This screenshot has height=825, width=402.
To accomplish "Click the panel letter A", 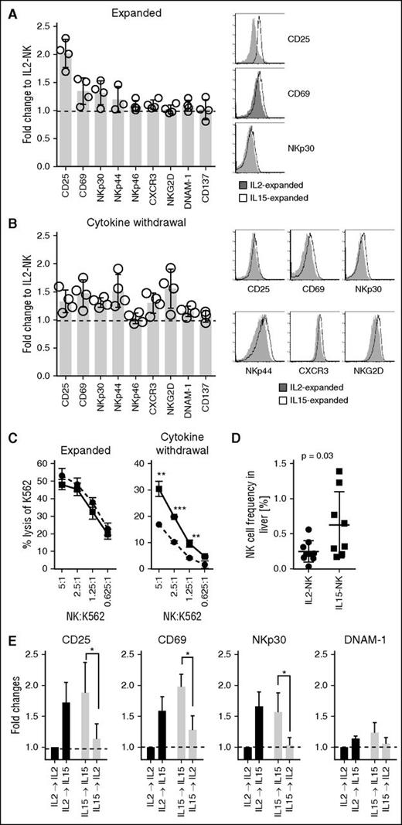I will tap(8, 7).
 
